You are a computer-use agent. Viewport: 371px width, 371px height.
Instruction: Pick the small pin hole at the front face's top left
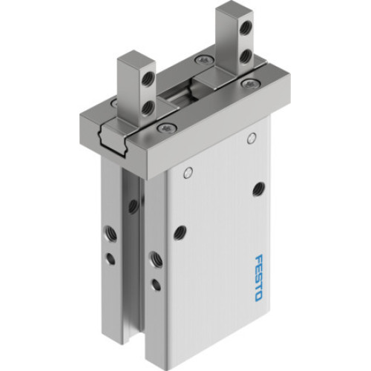tap(188, 174)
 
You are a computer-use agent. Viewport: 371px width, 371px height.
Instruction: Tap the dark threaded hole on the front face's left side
tap(178, 232)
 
